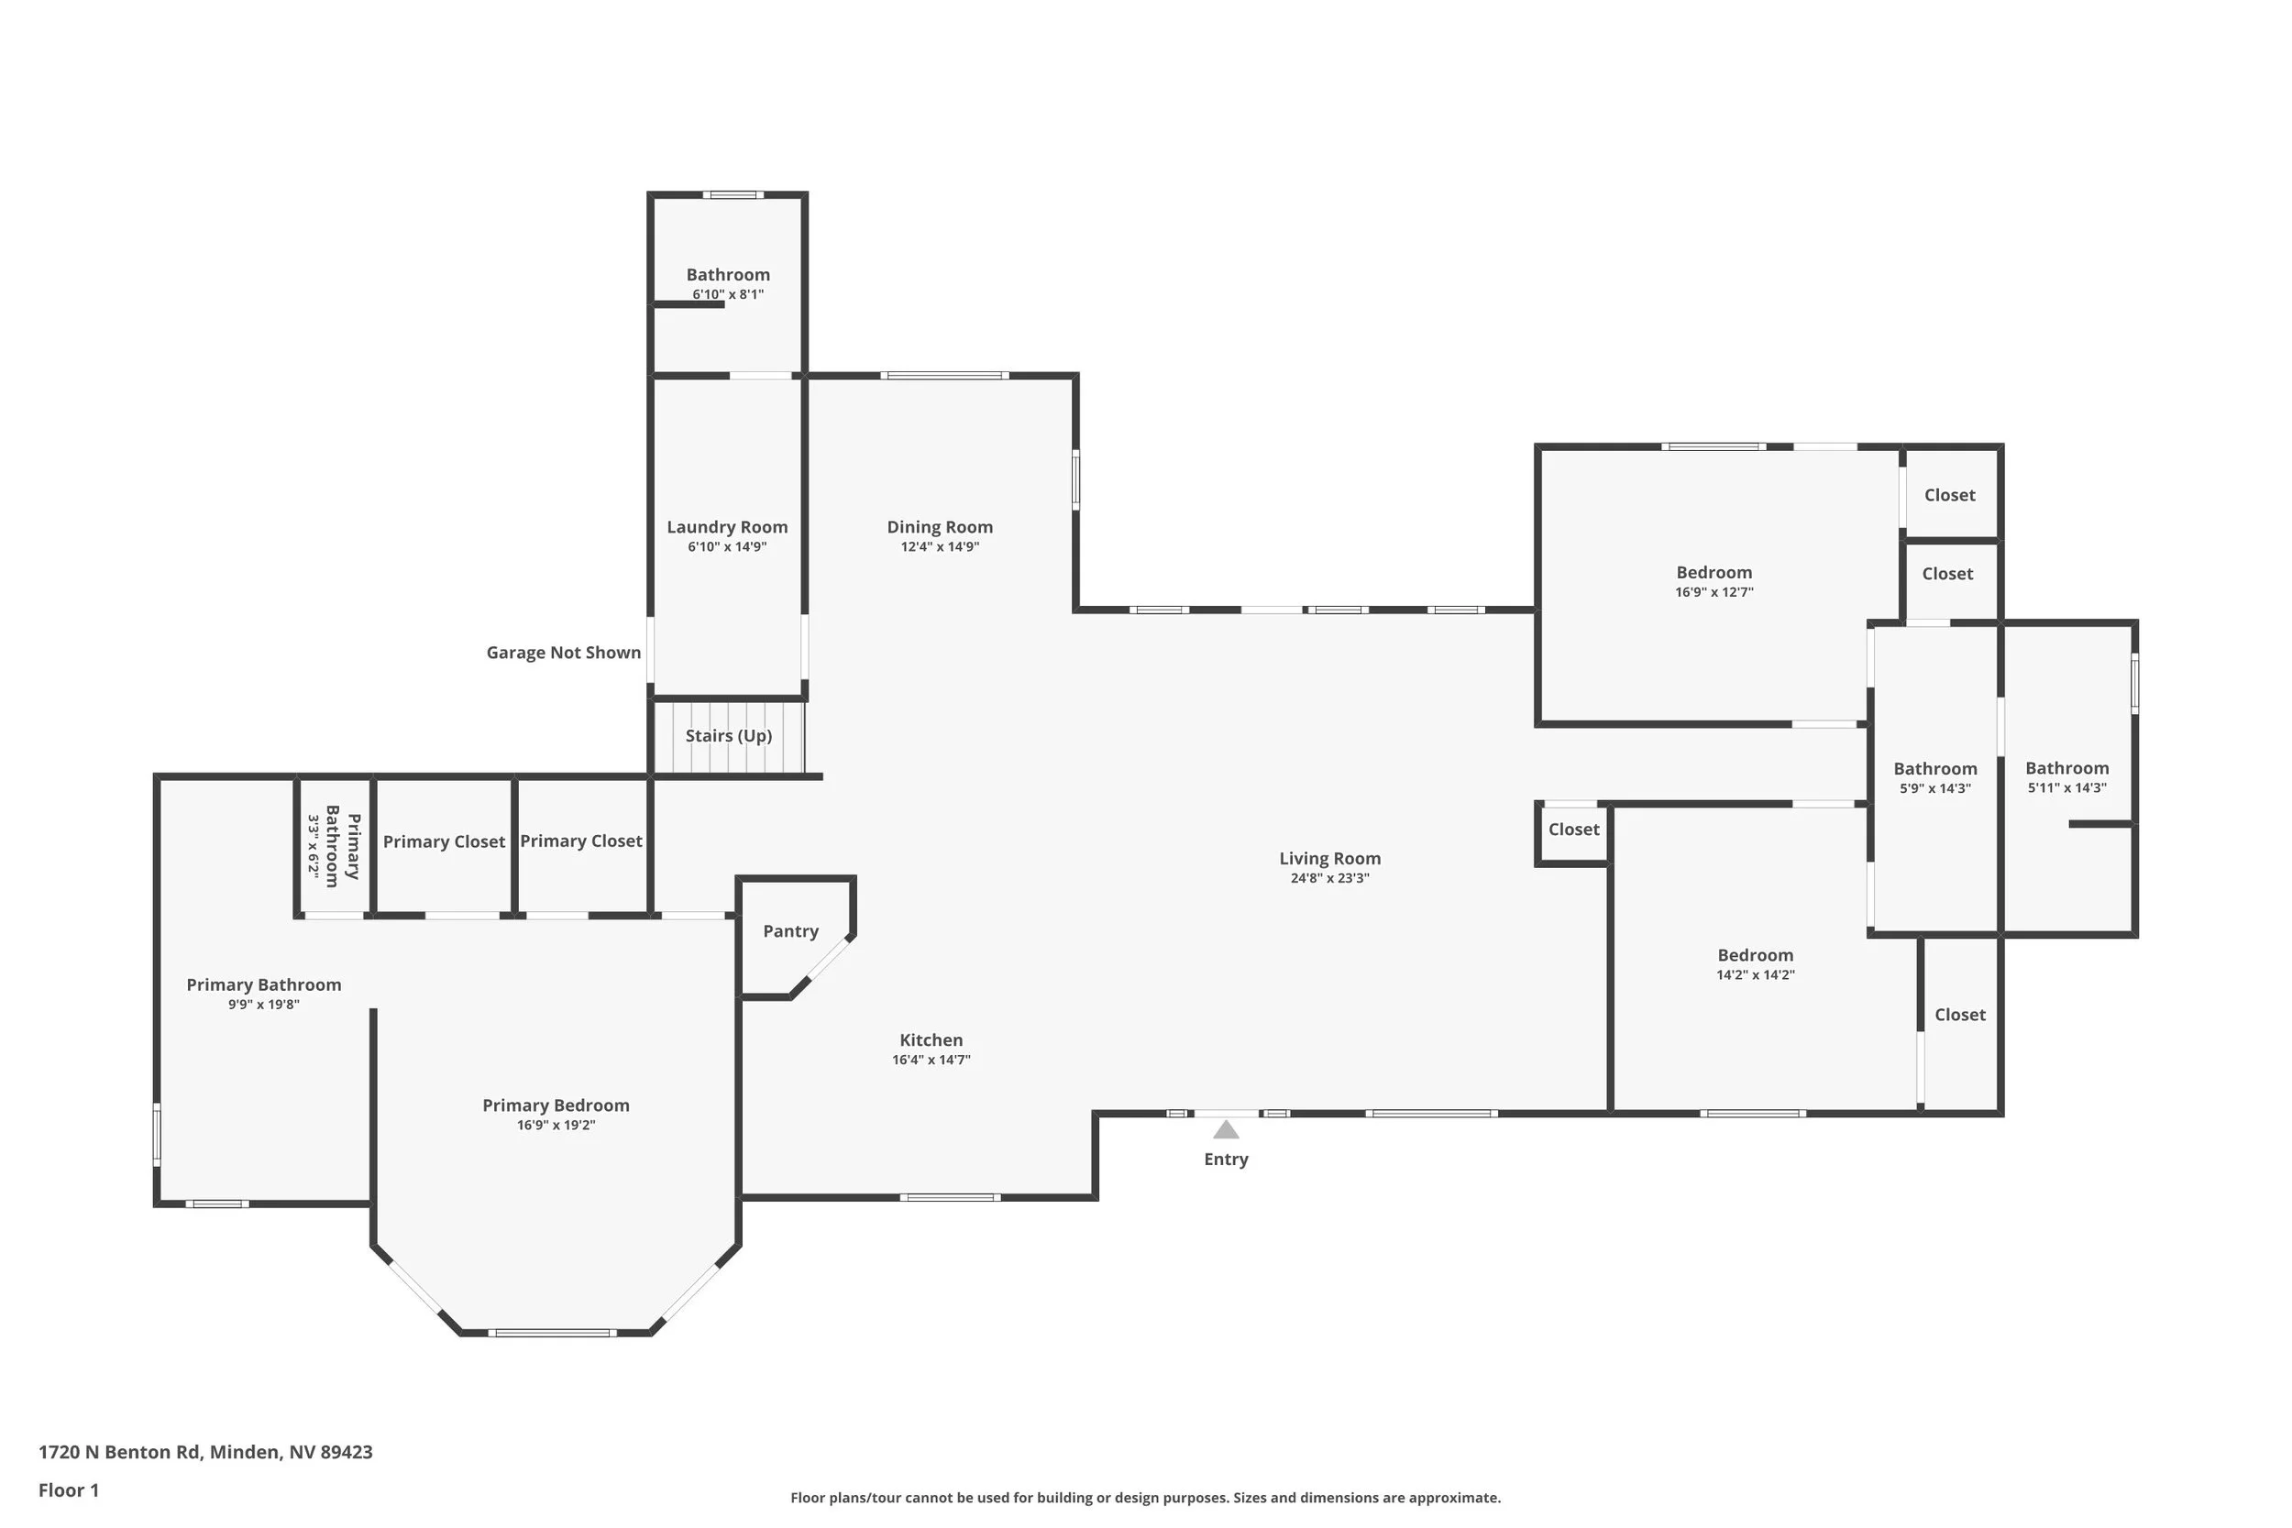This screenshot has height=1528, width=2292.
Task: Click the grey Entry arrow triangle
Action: pyautogui.click(x=1225, y=1129)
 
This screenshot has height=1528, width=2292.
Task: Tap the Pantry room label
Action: pyautogui.click(x=790, y=930)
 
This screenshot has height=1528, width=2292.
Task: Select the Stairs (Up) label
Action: pyautogui.click(x=728, y=736)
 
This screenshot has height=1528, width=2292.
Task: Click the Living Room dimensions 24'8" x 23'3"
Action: pyautogui.click(x=1329, y=878)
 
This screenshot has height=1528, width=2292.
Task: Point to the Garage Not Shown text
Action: pyautogui.click(x=563, y=653)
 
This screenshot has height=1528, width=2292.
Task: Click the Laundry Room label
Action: pyautogui.click(x=727, y=527)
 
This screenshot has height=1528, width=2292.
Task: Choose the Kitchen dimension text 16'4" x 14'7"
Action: pyautogui.click(x=931, y=1061)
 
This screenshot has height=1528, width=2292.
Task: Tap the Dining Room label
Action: pyautogui.click(x=940, y=527)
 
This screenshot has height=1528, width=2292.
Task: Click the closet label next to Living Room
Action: pyautogui.click(x=1573, y=830)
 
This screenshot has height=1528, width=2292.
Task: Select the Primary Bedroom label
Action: pyautogui.click(x=556, y=1105)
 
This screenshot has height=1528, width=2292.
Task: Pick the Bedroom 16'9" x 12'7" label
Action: pyautogui.click(x=1713, y=573)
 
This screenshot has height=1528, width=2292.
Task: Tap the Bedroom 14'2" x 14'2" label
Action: pyautogui.click(x=1754, y=956)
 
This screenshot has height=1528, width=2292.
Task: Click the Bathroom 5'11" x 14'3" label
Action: pyautogui.click(x=2066, y=769)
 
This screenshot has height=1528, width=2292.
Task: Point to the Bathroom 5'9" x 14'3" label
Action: pyautogui.click(x=1934, y=770)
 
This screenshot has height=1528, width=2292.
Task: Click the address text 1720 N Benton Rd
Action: pyautogui.click(x=204, y=1452)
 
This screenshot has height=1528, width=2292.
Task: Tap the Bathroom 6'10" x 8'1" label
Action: pyautogui.click(x=727, y=275)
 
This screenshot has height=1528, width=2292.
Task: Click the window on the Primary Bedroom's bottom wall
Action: pyautogui.click(x=552, y=1333)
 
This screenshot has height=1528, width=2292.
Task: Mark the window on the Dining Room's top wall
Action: pyautogui.click(x=943, y=375)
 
